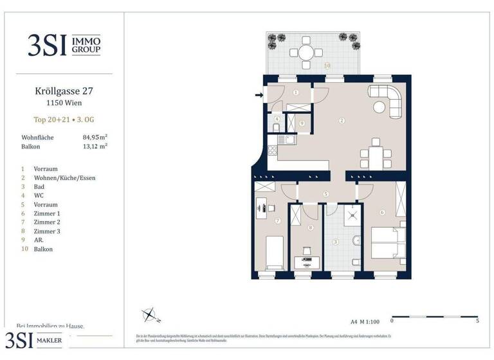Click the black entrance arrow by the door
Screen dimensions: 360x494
tap(259, 96)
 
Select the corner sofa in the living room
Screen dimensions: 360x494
tap(389, 100)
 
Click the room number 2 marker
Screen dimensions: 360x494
tap(342, 120)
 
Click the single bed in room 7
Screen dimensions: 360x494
tap(275, 253)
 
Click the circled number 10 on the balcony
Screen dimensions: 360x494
tap(327, 66)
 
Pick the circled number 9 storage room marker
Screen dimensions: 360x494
tap(302, 123)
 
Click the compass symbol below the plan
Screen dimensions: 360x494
tap(151, 314)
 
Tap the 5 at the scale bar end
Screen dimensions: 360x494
tap(477, 321)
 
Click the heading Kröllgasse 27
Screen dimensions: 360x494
tap(58, 91)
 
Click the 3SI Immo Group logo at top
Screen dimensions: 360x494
tap(63, 44)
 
